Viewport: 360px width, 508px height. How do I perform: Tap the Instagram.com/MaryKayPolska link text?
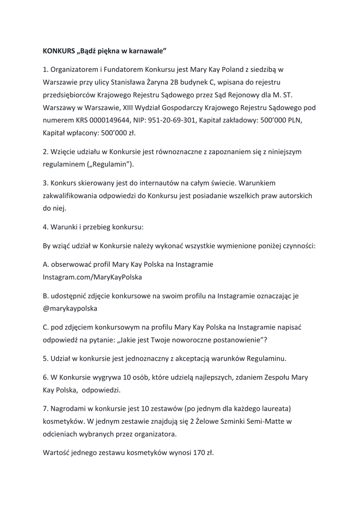(92, 277)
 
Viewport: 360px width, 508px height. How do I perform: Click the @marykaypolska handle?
(70, 308)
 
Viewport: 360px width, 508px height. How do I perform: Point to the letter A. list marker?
(46, 264)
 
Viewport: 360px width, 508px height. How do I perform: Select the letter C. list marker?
(46, 327)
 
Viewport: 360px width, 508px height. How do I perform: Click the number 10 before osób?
(120, 377)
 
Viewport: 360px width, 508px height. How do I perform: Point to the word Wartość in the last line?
(57, 452)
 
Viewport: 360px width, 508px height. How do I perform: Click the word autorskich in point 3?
(295, 195)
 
